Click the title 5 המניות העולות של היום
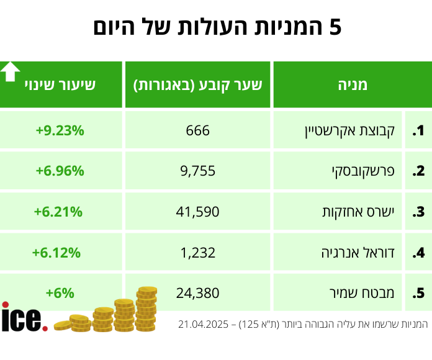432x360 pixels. tap(217, 28)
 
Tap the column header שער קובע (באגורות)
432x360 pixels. tap(198, 85)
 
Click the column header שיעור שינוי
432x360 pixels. tap(60, 85)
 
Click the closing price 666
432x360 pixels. tap(198, 130)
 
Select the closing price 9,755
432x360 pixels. tap(198, 171)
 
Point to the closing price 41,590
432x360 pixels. tap(198, 212)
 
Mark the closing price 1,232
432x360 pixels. tap(198, 253)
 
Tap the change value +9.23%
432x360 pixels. tap(60, 130)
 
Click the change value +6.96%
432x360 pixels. tap(60, 171)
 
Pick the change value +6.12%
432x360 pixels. tap(56, 253)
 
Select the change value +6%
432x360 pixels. tap(60, 292)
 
